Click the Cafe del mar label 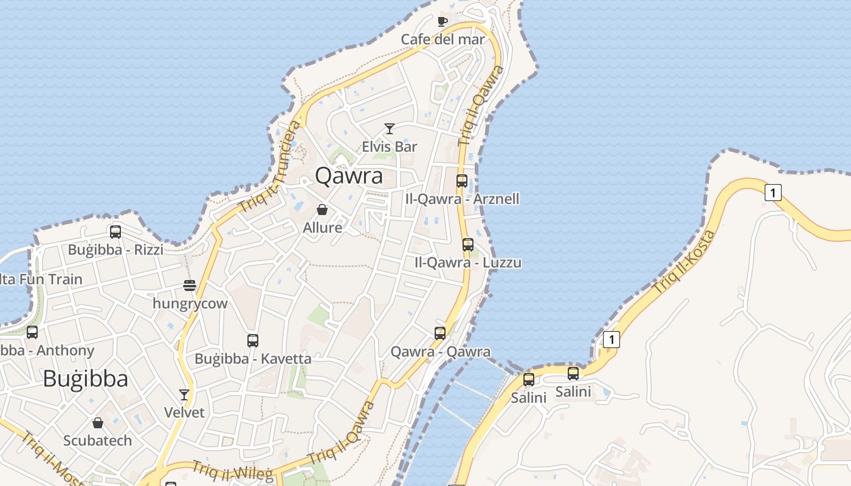click(x=443, y=39)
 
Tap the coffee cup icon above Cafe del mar click(x=443, y=21)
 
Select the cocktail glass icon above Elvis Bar click(x=390, y=128)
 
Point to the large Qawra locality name click(x=349, y=176)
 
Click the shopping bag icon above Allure click(x=322, y=210)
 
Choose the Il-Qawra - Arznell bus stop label click(x=462, y=199)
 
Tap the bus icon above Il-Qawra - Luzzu click(x=467, y=245)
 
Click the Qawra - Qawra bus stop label click(x=440, y=352)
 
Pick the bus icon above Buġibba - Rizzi click(x=115, y=231)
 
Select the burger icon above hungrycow click(x=190, y=285)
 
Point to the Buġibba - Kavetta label click(x=253, y=358)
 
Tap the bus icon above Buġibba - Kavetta click(x=253, y=340)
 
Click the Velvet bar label click(x=184, y=412)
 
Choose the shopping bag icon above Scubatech click(x=98, y=422)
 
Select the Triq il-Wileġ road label click(x=233, y=472)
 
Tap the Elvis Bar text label click(x=390, y=146)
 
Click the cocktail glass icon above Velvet click(x=184, y=394)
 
